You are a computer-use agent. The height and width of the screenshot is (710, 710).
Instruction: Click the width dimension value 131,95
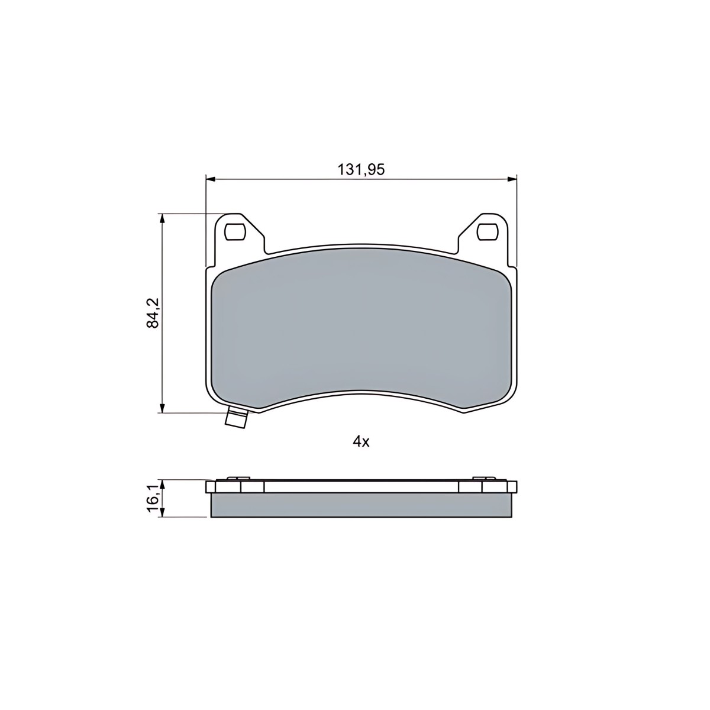click(361, 169)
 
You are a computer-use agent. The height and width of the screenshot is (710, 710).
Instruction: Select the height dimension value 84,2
click(152, 312)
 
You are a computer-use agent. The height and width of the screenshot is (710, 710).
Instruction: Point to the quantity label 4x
click(361, 442)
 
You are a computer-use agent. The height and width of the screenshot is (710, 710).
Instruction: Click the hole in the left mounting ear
click(235, 231)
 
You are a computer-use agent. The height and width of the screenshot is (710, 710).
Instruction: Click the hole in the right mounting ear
click(487, 231)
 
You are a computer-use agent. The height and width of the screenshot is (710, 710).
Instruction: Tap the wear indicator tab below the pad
click(236, 419)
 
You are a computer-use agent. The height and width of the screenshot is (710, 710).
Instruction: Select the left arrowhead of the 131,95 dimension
click(210, 179)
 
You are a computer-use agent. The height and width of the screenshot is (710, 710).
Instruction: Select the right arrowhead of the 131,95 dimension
click(512, 179)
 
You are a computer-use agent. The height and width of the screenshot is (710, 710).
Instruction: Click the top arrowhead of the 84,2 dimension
click(162, 218)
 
